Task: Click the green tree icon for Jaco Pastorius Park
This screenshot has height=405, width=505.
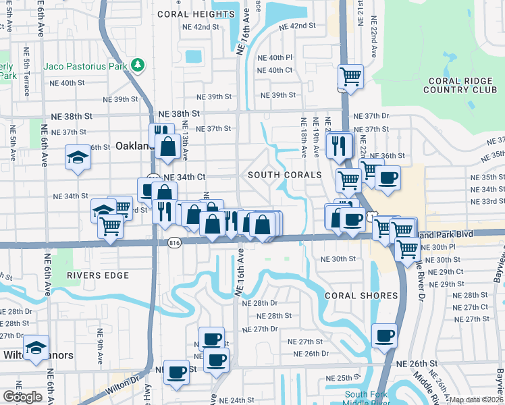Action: click(138, 65)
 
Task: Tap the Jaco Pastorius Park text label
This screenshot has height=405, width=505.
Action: click(86, 66)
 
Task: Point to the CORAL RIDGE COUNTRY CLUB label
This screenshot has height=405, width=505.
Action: click(462, 85)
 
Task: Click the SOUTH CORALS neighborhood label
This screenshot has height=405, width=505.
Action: click(284, 175)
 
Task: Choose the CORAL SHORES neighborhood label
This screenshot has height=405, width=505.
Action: click(361, 296)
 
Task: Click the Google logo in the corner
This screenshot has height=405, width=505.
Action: click(22, 397)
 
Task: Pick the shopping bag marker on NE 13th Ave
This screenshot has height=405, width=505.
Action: click(166, 144)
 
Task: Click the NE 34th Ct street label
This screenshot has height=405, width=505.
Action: click(184, 177)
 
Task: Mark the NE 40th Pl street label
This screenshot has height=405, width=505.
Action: click(275, 58)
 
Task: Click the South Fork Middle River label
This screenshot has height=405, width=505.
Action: click(367, 398)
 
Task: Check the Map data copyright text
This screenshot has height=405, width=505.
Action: click(475, 400)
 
